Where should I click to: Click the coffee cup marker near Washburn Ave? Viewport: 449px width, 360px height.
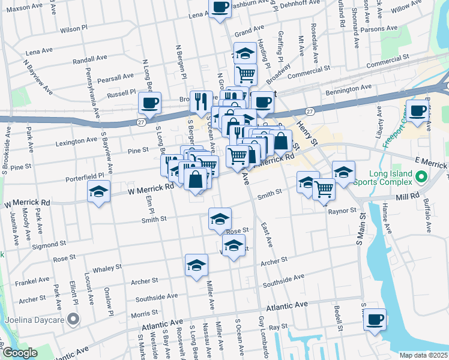coord(220,8)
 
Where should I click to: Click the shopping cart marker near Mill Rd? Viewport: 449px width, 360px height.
coord(324,189)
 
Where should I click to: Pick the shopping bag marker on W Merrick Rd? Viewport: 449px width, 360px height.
coord(196,179)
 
